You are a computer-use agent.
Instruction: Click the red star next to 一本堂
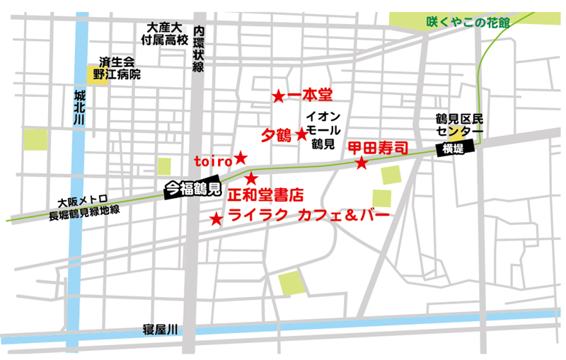click(279, 95)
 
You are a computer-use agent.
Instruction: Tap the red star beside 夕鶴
click(301, 134)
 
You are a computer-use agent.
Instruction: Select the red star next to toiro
click(241, 157)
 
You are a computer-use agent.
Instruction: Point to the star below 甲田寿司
click(362, 163)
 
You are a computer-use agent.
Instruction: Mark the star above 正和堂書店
click(252, 178)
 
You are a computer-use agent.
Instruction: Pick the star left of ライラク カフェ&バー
click(216, 219)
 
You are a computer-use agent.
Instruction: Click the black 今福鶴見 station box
click(192, 189)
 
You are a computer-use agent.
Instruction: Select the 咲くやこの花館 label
click(468, 22)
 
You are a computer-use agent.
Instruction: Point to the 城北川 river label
click(79, 107)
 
